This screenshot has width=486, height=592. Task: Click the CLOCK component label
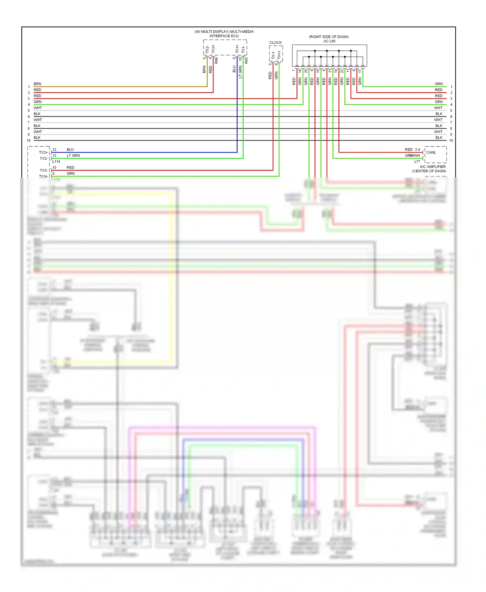tap(275, 42)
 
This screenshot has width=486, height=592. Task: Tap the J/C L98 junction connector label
tap(329, 41)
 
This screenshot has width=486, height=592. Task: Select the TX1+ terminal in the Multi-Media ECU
tap(237, 49)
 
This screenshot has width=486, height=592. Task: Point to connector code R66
tap(216, 60)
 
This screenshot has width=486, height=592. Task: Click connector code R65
tap(246, 60)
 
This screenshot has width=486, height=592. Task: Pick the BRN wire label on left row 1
tap(37, 84)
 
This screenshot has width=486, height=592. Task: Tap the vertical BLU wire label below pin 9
tap(234, 69)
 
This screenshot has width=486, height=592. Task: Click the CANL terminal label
tap(431, 153)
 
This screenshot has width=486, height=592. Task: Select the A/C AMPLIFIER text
tap(433, 167)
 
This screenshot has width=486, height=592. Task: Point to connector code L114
tap(56, 161)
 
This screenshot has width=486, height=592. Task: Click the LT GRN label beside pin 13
tap(73, 155)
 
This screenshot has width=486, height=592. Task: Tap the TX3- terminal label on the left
tap(43, 170)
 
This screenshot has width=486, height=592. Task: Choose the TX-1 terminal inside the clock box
tap(273, 55)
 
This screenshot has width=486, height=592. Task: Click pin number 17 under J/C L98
tap(360, 71)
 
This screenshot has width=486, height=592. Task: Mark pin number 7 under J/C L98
tap(294, 70)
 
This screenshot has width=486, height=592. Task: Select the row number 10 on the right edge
tap(451, 141)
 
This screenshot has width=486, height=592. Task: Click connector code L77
tap(417, 161)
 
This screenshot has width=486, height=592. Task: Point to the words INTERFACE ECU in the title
tap(224, 36)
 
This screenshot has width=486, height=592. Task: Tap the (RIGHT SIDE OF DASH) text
tap(329, 37)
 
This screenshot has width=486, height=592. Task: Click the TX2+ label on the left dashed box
tap(43, 153)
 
